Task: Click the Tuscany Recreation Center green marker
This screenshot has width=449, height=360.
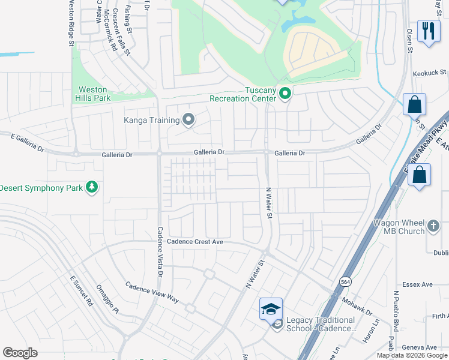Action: (285, 94)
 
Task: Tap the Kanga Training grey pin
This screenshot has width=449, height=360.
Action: (188, 120)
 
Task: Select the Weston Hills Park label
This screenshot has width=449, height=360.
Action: (92, 94)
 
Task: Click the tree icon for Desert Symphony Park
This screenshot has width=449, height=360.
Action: (91, 188)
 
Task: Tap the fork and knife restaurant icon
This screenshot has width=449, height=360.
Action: (428, 31)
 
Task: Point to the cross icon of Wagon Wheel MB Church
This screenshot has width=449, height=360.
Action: (435, 227)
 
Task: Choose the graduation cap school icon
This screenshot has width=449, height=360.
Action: (271, 308)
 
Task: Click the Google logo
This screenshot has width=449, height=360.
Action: (20, 352)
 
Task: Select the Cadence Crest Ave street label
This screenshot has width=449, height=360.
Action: (195, 242)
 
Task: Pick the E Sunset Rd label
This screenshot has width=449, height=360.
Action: (81, 291)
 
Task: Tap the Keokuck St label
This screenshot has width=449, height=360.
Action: (430, 73)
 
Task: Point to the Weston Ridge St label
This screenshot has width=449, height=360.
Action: (71, 23)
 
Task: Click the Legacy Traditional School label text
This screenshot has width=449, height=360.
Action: (321, 324)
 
